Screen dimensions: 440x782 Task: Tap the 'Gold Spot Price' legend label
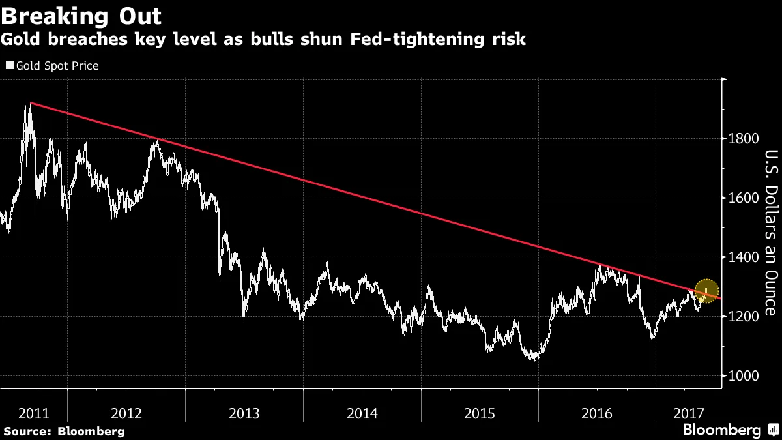click(x=57, y=66)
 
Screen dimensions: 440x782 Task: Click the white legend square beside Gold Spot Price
click(x=9, y=66)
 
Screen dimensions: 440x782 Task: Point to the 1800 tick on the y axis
click(x=744, y=139)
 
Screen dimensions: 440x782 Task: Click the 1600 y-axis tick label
click(x=744, y=198)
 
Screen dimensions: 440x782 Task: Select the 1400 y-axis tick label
click(x=744, y=257)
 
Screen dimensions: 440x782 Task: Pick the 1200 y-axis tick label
click(x=744, y=317)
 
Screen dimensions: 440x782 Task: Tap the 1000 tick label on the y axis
click(x=744, y=376)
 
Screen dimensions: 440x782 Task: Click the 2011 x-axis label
click(x=33, y=413)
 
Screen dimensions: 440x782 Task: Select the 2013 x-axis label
click(x=244, y=413)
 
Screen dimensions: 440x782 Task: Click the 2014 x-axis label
click(x=362, y=413)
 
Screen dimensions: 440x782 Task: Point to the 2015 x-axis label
click(x=480, y=413)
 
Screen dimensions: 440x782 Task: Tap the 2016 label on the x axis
click(x=597, y=413)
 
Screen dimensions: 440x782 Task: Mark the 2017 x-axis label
click(x=688, y=413)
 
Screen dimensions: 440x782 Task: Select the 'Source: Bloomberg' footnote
click(x=63, y=432)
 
